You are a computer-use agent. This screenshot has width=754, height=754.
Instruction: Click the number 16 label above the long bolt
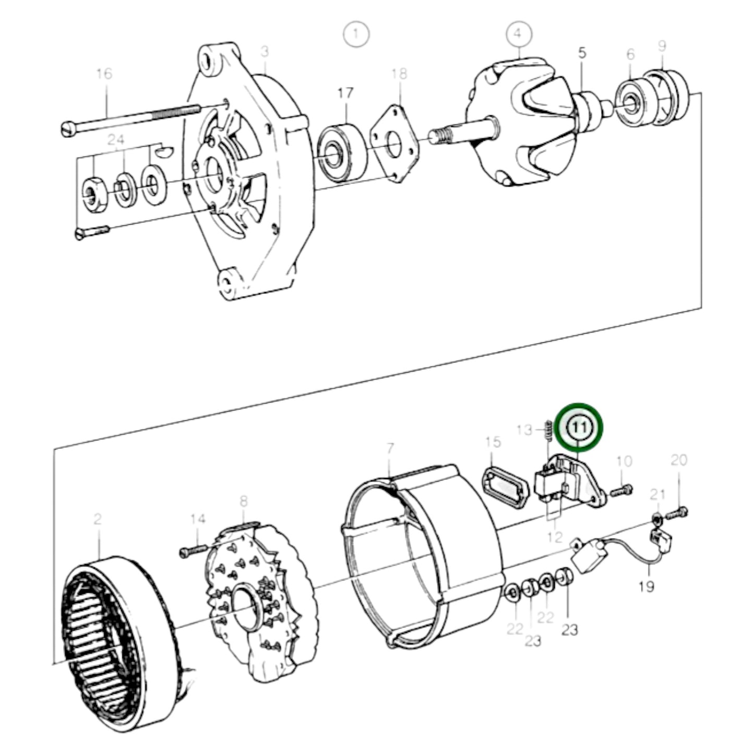click(x=104, y=74)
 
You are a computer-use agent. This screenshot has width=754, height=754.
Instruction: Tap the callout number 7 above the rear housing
click(x=390, y=448)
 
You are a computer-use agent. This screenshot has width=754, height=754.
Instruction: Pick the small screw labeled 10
click(x=621, y=490)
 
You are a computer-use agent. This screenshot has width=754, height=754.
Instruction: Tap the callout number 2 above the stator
click(x=98, y=519)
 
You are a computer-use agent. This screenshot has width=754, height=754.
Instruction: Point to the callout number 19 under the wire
click(x=646, y=587)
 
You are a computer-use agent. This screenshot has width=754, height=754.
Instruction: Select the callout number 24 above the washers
click(x=117, y=140)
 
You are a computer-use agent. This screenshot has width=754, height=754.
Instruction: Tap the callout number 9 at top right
click(x=662, y=46)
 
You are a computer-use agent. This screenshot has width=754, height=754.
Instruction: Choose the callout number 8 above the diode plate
click(x=243, y=502)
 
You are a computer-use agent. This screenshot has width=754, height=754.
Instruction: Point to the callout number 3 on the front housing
click(x=265, y=52)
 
